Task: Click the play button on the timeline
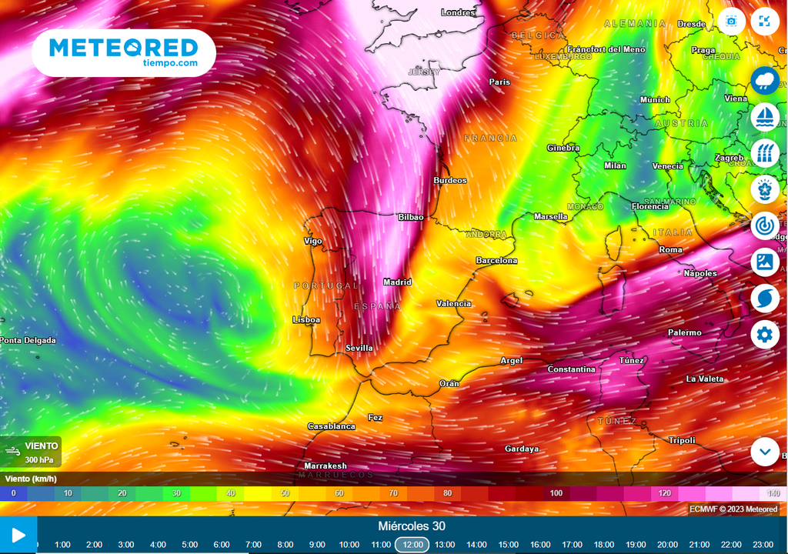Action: (18, 536)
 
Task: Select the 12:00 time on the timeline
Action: (412, 545)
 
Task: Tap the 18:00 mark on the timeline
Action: (604, 545)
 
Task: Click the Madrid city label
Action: (398, 282)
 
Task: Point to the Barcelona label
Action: (496, 261)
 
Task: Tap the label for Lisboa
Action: (306, 319)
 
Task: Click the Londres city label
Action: (458, 12)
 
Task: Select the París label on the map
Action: (500, 82)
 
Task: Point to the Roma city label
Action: (671, 250)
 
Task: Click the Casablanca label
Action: (332, 426)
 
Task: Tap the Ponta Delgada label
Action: (28, 340)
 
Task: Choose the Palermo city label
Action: (685, 332)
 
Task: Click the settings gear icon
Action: (764, 335)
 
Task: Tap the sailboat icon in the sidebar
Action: (765, 116)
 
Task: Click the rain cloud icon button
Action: (765, 80)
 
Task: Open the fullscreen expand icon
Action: (764, 22)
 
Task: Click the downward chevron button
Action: (765, 452)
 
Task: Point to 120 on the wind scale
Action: (664, 493)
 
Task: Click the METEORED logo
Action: (123, 52)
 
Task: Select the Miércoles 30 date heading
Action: (412, 526)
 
